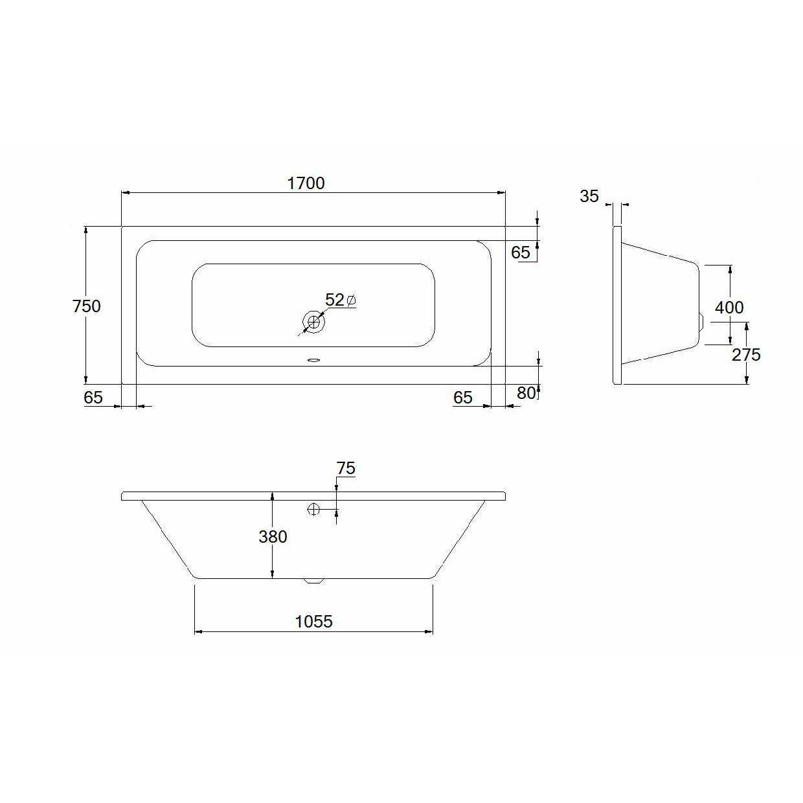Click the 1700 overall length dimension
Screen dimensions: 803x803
click(x=306, y=183)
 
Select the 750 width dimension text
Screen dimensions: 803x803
click(x=86, y=306)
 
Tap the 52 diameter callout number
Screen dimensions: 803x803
click(x=334, y=300)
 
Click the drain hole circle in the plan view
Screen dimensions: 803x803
click(x=314, y=321)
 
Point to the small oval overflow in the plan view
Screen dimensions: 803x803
click(x=314, y=361)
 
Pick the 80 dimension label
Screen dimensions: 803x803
click(x=526, y=393)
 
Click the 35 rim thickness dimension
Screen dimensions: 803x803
click(x=589, y=196)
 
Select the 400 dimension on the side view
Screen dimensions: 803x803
click(x=729, y=307)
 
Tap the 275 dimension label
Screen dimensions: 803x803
click(x=746, y=355)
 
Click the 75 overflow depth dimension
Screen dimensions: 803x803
click(x=346, y=468)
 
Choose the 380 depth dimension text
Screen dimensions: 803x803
click(x=273, y=537)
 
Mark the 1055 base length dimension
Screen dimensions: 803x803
click(x=313, y=622)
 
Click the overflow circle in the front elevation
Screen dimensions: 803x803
click(x=314, y=510)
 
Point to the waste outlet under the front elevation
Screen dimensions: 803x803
click(x=313, y=581)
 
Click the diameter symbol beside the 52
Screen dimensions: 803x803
click(x=351, y=300)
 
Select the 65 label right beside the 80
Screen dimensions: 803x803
click(x=463, y=398)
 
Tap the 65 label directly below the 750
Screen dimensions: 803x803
click(x=93, y=398)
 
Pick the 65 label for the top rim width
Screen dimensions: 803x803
click(x=520, y=253)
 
